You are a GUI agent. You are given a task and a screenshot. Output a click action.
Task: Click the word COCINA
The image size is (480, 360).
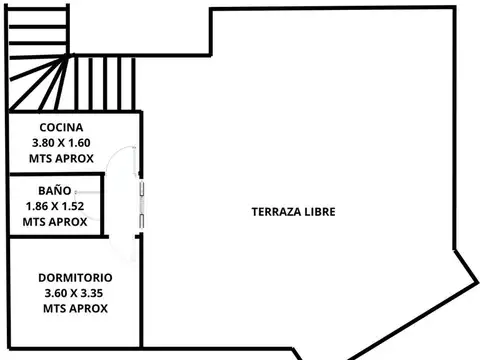pos(61,128)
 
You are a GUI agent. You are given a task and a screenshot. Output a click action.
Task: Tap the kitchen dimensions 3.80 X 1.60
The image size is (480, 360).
pos(61,143)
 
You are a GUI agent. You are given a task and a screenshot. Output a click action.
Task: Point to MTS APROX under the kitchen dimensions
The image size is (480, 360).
pos(61,158)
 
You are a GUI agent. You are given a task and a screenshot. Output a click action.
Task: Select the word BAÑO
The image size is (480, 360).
pos(55,190)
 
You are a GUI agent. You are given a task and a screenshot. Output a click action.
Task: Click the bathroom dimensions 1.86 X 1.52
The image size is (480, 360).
pos(55,206)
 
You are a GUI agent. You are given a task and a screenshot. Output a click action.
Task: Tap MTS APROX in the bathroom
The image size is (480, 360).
pos(55,221)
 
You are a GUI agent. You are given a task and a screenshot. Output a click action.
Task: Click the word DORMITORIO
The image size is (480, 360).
pos(75,278)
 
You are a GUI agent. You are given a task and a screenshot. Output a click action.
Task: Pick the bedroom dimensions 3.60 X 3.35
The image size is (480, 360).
pos(75,293)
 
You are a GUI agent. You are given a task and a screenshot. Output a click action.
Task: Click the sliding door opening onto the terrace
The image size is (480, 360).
pos(143,205)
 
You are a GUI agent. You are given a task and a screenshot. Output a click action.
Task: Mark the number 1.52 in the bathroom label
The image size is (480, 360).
pos(73,206)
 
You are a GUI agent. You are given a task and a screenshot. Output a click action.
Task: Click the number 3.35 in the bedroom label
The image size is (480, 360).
pos(94,293)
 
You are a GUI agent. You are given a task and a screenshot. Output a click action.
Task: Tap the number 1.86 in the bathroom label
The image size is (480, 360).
pos(37,206)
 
